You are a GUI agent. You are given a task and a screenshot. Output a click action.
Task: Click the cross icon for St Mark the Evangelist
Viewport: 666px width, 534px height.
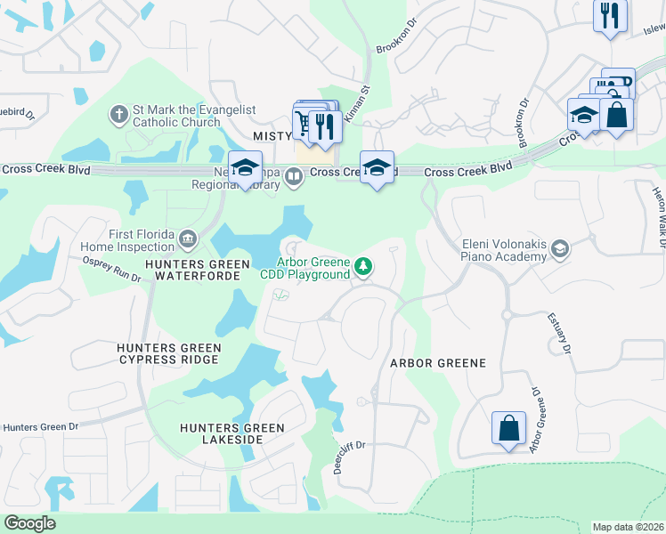[118, 115]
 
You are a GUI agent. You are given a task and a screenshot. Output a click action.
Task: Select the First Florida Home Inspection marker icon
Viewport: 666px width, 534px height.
[188, 239]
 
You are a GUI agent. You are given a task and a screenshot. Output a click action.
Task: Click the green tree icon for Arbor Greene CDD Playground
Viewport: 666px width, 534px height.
[363, 265]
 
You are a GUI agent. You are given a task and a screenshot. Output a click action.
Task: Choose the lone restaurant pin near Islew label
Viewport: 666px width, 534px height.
[611, 15]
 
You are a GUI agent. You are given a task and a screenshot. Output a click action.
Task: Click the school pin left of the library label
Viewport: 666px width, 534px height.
[244, 166]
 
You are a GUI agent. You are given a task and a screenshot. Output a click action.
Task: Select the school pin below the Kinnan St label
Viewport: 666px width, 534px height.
[377, 166]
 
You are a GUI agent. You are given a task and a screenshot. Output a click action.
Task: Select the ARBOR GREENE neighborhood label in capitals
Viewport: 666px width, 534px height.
[438, 363]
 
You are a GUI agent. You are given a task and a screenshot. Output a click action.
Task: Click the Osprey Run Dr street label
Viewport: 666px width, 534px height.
[112, 269]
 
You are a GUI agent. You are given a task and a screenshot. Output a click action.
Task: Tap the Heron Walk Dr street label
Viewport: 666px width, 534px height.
[658, 217]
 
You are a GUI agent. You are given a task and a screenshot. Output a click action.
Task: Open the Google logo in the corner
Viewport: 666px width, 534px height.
[30, 523]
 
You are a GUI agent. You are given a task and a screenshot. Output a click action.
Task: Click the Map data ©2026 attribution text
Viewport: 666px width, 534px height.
[627, 527]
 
